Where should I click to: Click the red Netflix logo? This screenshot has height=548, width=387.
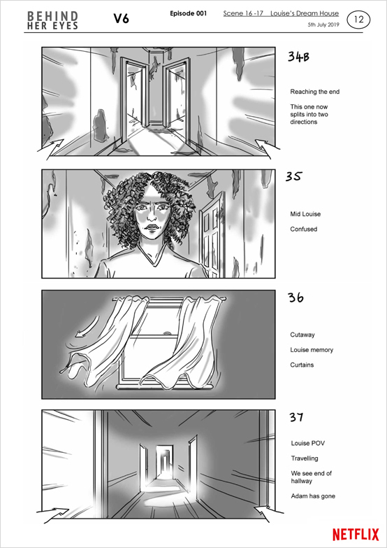click(x=356, y=535)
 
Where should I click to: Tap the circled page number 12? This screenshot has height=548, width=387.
click(x=358, y=20)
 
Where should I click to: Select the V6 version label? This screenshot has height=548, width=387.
click(x=121, y=19)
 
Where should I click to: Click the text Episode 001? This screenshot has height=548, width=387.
click(x=189, y=13)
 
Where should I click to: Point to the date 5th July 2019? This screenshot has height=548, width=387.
click(x=323, y=25)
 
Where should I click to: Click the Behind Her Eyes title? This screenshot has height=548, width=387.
click(x=52, y=20)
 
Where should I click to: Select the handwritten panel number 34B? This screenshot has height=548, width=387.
click(x=298, y=57)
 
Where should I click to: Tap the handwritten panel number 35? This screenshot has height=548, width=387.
click(x=293, y=177)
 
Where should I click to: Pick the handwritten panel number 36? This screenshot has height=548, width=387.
click(x=295, y=297)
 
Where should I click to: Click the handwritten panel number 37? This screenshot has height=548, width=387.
click(x=296, y=417)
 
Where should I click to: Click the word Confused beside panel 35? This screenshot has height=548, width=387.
click(x=304, y=230)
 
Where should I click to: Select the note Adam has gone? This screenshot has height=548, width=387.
click(x=313, y=496)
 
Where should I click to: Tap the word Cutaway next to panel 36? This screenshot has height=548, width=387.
click(x=302, y=335)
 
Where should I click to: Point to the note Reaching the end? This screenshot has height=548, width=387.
click(x=315, y=92)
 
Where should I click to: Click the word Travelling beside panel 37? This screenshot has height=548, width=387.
click(x=305, y=458)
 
